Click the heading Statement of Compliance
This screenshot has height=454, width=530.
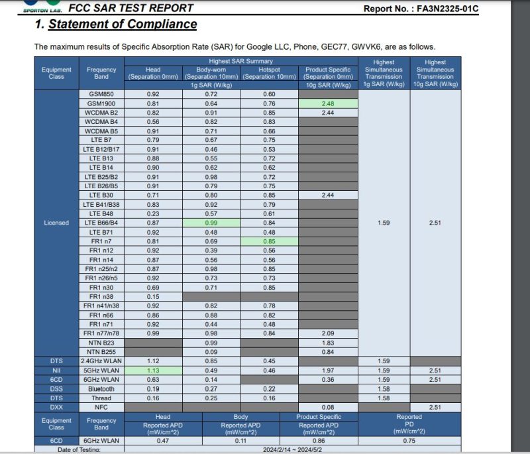tap(116, 25)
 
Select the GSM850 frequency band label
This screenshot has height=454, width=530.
tap(101, 94)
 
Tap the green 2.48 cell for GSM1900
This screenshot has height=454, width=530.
tap(327, 103)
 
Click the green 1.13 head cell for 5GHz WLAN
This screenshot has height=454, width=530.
tap(152, 370)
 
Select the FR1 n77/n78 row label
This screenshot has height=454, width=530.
tap(101, 333)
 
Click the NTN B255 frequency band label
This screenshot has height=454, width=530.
tap(101, 351)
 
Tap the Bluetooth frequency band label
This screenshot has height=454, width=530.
tap(101, 388)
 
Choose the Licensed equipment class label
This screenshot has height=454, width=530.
tap(56, 223)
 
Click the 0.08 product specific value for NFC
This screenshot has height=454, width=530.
tap(327, 407)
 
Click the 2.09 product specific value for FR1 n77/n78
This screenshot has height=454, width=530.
tap(327, 333)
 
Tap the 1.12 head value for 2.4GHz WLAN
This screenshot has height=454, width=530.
tap(152, 361)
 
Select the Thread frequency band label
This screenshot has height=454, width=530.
tap(101, 398)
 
